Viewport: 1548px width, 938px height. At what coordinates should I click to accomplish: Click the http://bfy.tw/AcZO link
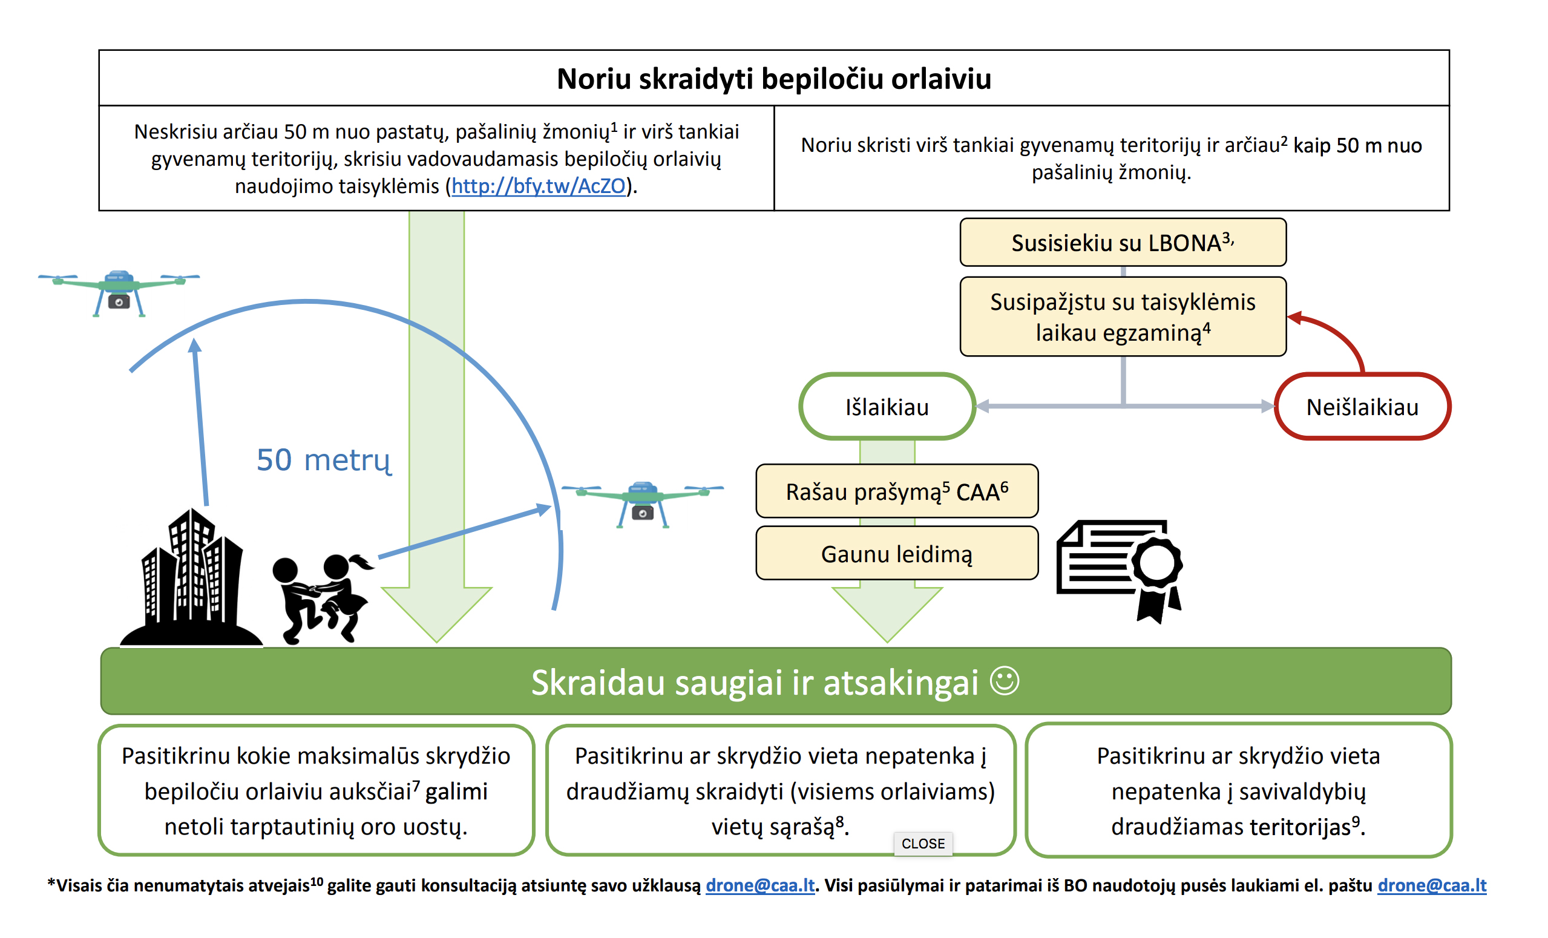(x=539, y=186)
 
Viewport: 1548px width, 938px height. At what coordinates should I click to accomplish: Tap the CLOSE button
(x=923, y=843)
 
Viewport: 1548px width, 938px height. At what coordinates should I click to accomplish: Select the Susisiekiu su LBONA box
(x=1123, y=243)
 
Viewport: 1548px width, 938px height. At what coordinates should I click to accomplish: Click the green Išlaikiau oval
(x=887, y=407)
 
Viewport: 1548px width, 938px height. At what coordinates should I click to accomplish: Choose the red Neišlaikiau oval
(x=1362, y=407)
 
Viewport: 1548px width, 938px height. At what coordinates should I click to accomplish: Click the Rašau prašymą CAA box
(x=896, y=491)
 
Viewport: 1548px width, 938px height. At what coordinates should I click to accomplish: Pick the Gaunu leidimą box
(x=896, y=554)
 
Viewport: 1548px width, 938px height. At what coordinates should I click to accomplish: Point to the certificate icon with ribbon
(x=1120, y=571)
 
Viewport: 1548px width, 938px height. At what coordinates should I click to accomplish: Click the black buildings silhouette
(x=191, y=578)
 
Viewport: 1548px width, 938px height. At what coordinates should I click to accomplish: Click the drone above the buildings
(x=119, y=293)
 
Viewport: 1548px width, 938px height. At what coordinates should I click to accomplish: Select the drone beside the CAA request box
(x=642, y=505)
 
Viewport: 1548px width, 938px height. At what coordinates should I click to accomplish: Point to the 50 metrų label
(x=324, y=460)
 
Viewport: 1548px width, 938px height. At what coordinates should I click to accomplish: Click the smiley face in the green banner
(x=1004, y=680)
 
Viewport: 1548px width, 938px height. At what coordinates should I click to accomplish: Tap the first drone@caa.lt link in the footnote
(x=760, y=885)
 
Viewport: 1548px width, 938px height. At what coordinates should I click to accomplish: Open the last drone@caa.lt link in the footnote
(x=1432, y=885)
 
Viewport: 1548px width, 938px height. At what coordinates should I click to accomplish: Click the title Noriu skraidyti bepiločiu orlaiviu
(x=774, y=79)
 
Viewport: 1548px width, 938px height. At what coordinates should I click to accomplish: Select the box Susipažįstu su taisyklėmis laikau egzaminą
(x=1123, y=316)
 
